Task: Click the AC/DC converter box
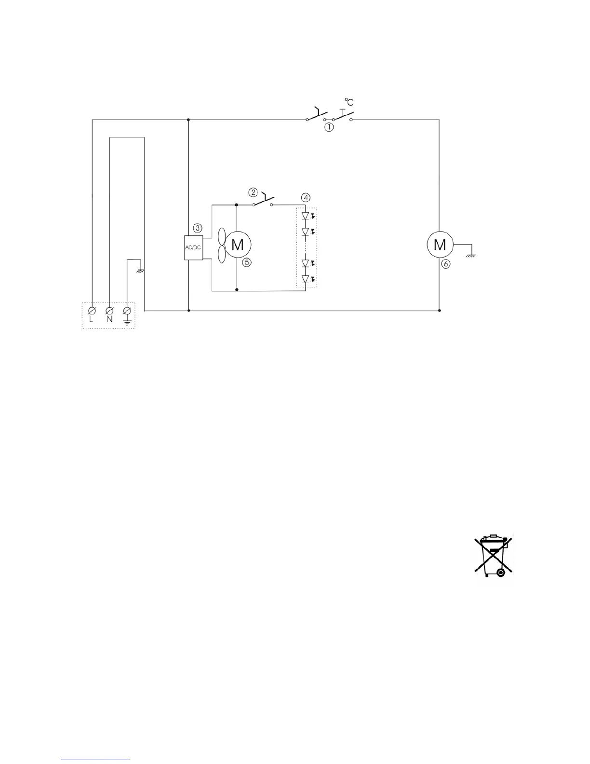click(x=194, y=247)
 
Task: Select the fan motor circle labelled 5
click(x=237, y=245)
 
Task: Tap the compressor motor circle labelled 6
click(x=440, y=245)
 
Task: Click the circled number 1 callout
click(x=328, y=128)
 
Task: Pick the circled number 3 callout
click(x=197, y=227)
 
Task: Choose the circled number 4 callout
click(x=306, y=197)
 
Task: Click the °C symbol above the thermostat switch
click(x=349, y=102)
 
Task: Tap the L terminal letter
click(x=92, y=320)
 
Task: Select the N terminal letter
click(x=109, y=320)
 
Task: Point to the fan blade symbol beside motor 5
click(x=222, y=245)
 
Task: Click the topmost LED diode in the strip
click(x=305, y=216)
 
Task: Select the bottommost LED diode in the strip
click(x=305, y=279)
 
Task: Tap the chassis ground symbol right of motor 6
click(x=471, y=256)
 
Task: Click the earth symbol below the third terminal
click(x=127, y=321)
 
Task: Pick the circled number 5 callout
click(x=246, y=262)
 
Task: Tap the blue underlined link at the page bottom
click(x=96, y=761)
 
